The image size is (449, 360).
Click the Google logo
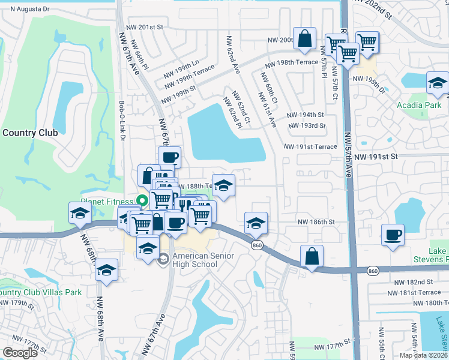(20, 353)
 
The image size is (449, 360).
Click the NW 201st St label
(145, 27)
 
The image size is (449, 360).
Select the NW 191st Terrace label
(310, 146)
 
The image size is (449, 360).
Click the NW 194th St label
(305, 115)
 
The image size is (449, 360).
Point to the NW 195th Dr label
(369, 84)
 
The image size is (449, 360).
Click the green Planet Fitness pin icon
(143, 201)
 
